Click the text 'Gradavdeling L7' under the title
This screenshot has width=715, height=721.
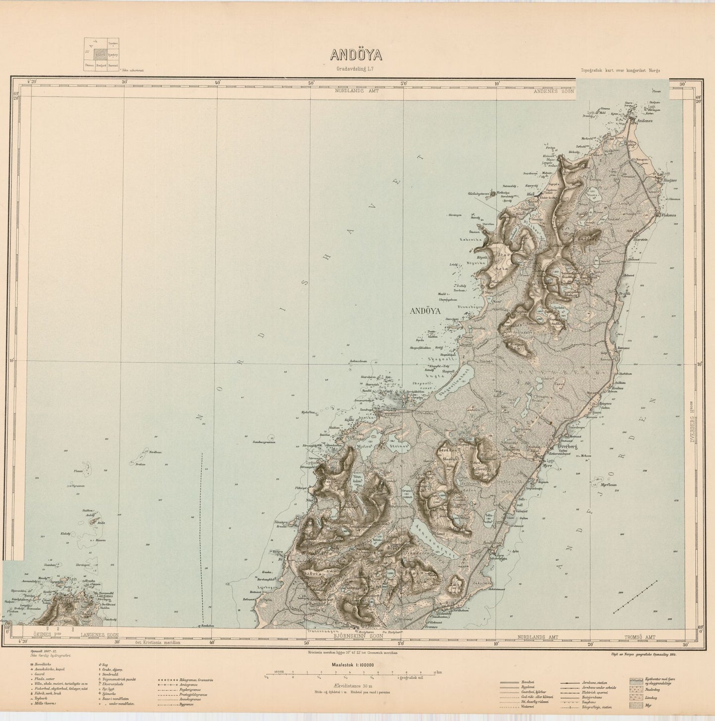point(357,69)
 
